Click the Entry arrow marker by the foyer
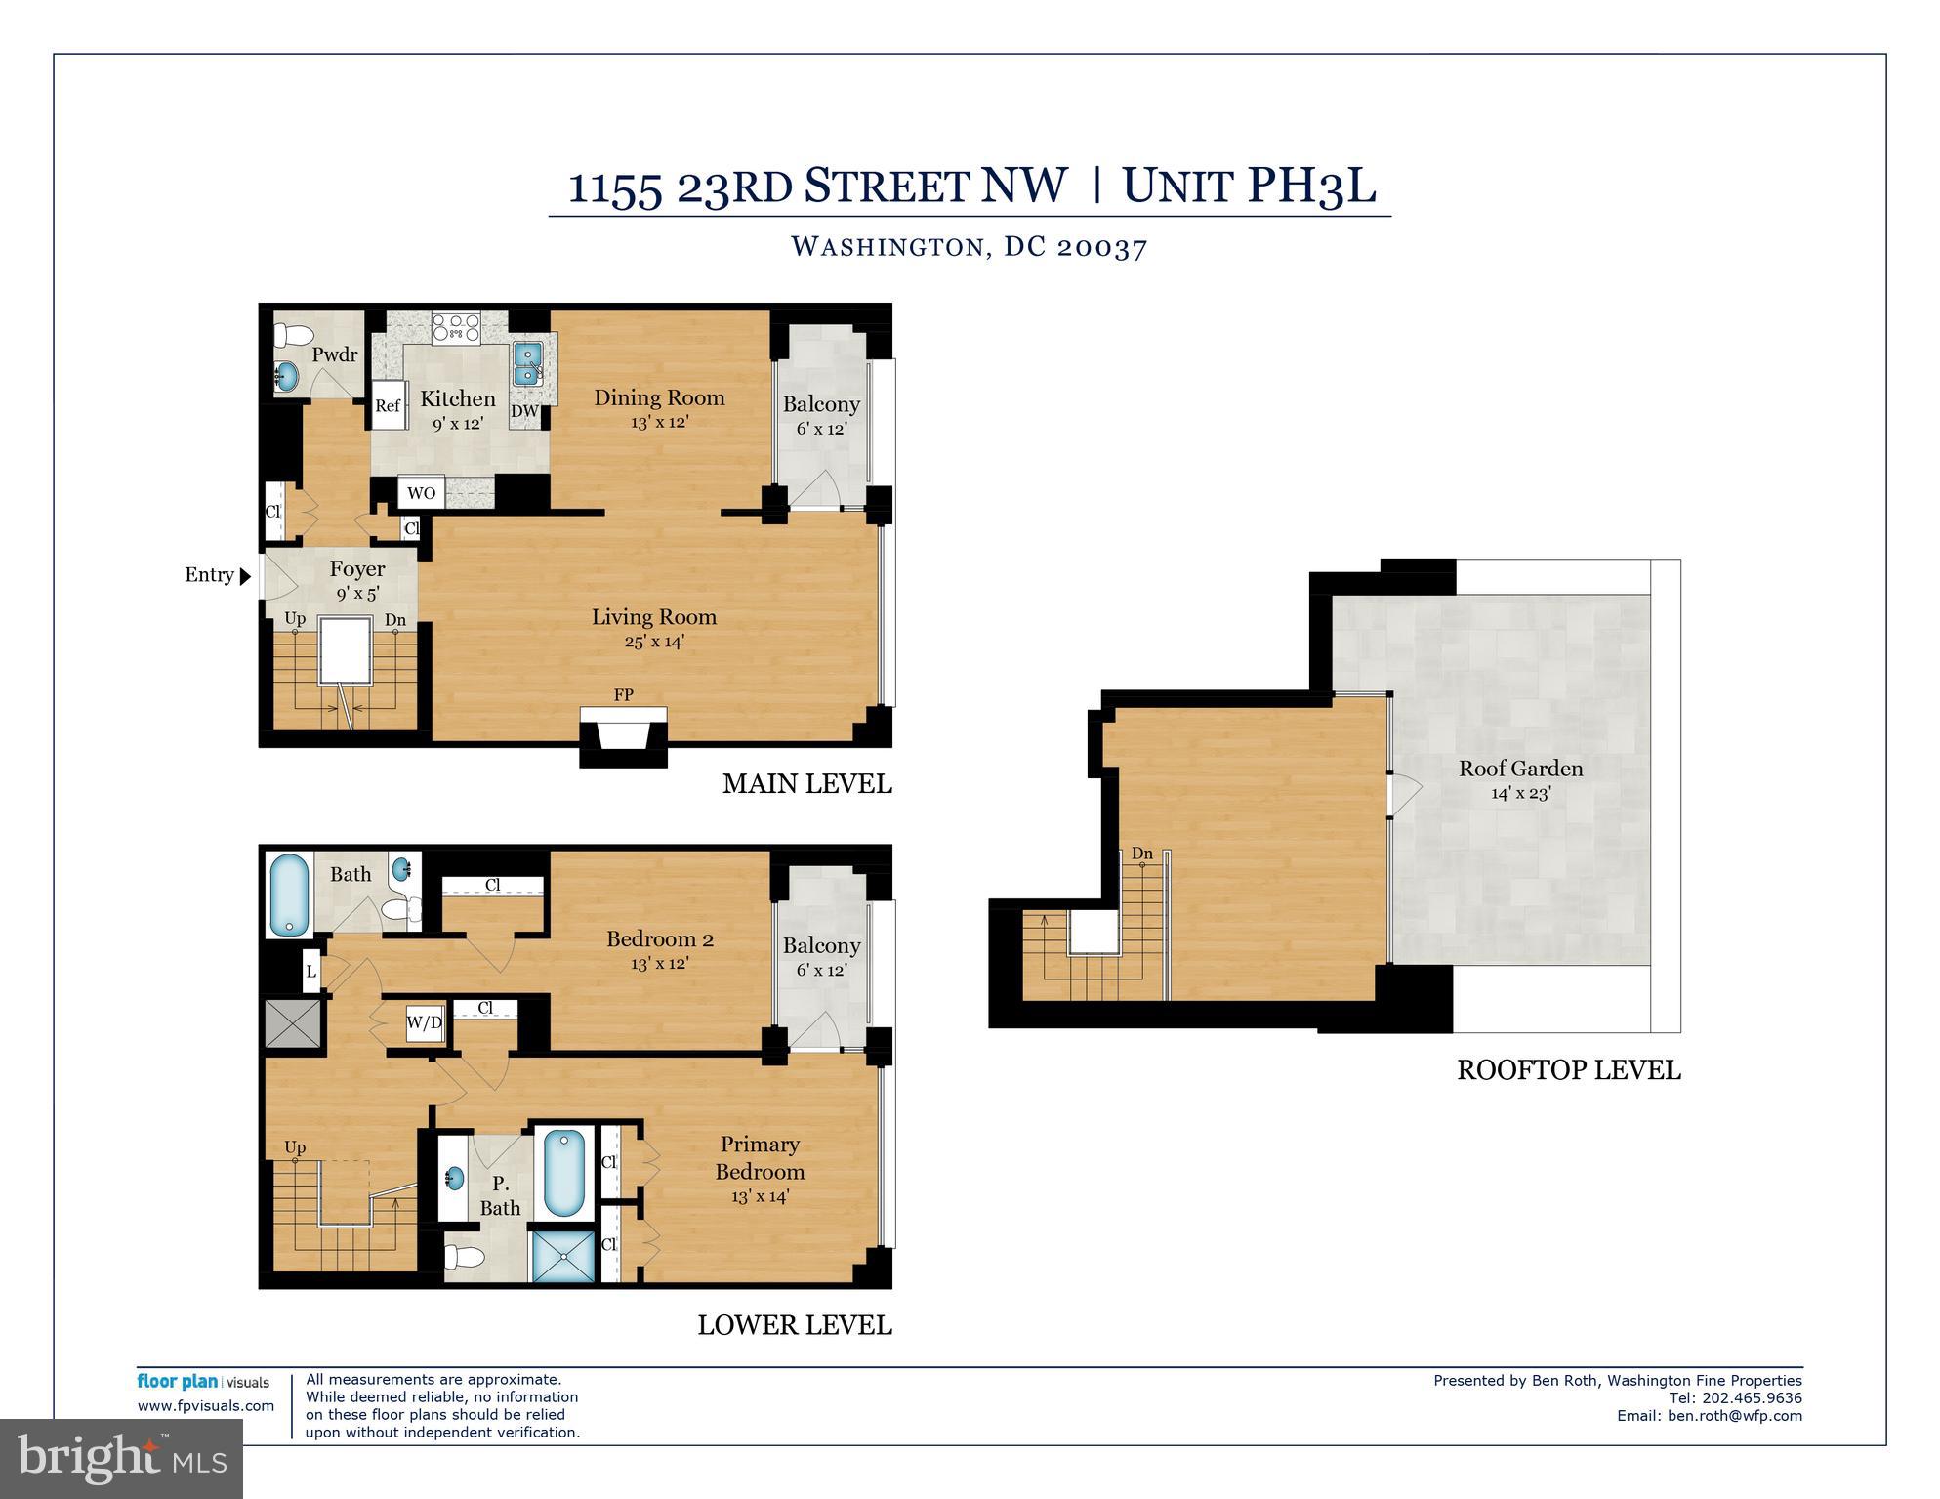(245, 576)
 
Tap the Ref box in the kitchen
(388, 405)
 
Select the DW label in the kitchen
(524, 411)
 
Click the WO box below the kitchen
(421, 493)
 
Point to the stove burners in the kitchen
(456, 326)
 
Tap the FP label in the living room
(623, 695)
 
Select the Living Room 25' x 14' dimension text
(654, 642)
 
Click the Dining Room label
(659, 397)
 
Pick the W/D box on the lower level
(424, 1023)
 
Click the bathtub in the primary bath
(563, 1172)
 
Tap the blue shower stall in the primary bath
(562, 1256)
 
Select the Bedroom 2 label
(659, 939)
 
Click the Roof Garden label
(1520, 769)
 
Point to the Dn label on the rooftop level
(1141, 854)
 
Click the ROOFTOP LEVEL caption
(1568, 1070)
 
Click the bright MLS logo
(121, 1459)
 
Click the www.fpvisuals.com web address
(206, 1406)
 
